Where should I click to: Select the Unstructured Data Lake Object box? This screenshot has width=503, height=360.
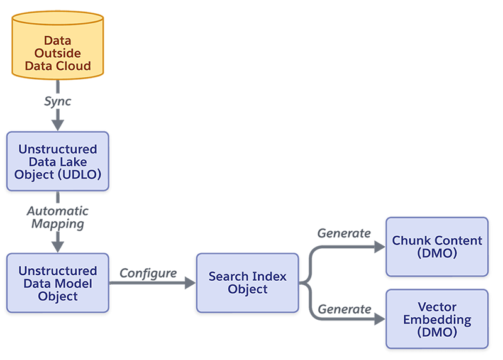pyautogui.click(x=58, y=161)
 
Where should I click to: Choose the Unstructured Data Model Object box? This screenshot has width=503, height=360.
pyautogui.click(x=58, y=283)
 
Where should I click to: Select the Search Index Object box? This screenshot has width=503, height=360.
pyautogui.click(x=247, y=283)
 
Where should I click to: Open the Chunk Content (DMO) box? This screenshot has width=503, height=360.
pyautogui.click(x=437, y=247)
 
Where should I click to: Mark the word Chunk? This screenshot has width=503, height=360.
pyautogui.click(x=411, y=241)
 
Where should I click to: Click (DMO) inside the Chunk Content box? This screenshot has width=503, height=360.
pyautogui.click(x=437, y=253)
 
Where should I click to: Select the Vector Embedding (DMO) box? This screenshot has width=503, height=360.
pyautogui.click(x=437, y=319)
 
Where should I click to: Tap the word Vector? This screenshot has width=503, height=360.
pyautogui.click(x=437, y=307)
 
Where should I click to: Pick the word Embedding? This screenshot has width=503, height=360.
pyautogui.click(x=437, y=319)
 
